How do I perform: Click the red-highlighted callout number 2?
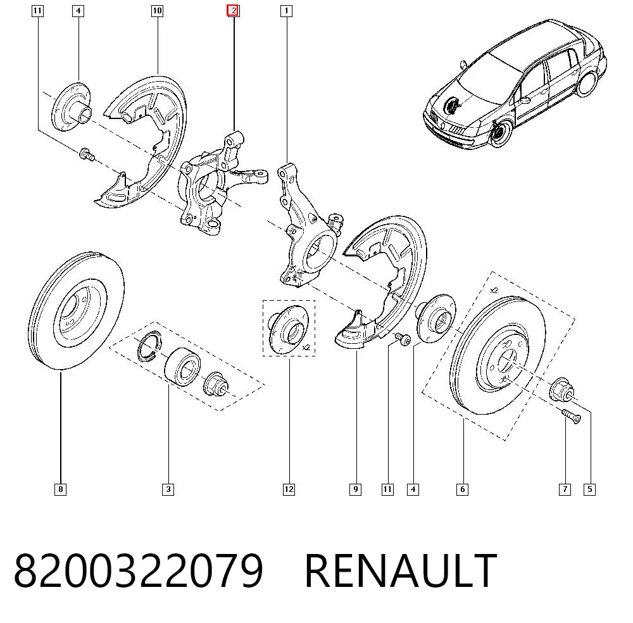point(234,11)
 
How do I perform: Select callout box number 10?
point(157,11)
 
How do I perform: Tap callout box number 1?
point(286,11)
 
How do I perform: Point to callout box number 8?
point(60,489)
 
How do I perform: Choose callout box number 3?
point(168,489)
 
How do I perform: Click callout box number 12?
point(289,489)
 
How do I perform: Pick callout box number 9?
point(355,489)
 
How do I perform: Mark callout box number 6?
point(462,489)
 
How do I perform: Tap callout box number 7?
point(565,489)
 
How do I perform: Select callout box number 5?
point(589,489)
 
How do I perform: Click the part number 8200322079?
point(139,570)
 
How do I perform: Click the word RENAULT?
point(401,570)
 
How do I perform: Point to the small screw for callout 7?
point(571,416)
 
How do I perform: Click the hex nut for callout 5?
point(561,389)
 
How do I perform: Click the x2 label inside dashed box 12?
point(306,347)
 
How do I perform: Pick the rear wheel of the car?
point(587,84)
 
